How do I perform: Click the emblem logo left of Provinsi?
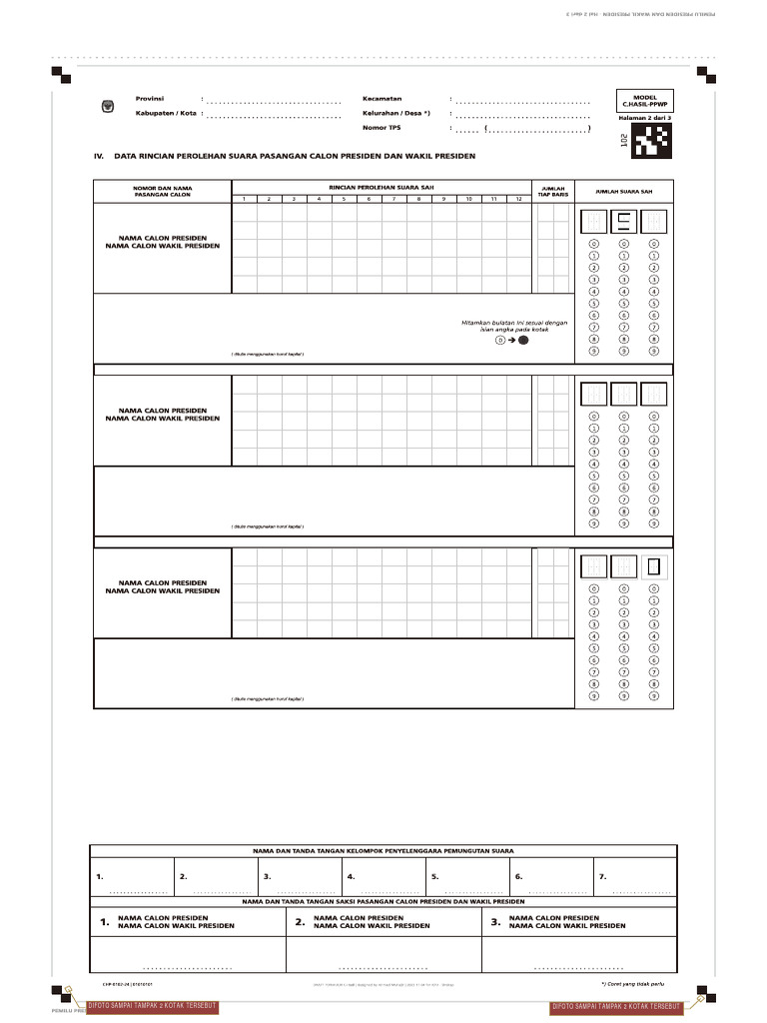(x=108, y=106)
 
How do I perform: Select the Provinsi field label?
(x=150, y=99)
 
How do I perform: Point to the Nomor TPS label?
(x=381, y=128)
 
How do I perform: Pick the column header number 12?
(x=518, y=199)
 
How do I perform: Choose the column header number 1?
(x=243, y=199)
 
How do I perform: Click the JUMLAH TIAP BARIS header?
(x=553, y=191)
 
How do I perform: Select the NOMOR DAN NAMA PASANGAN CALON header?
(x=163, y=191)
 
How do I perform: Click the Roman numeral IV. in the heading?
(x=99, y=157)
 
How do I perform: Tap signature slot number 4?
(x=352, y=876)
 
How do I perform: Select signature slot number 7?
(x=603, y=876)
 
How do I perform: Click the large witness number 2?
(x=300, y=922)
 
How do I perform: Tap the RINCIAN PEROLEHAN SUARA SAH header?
(x=382, y=187)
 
